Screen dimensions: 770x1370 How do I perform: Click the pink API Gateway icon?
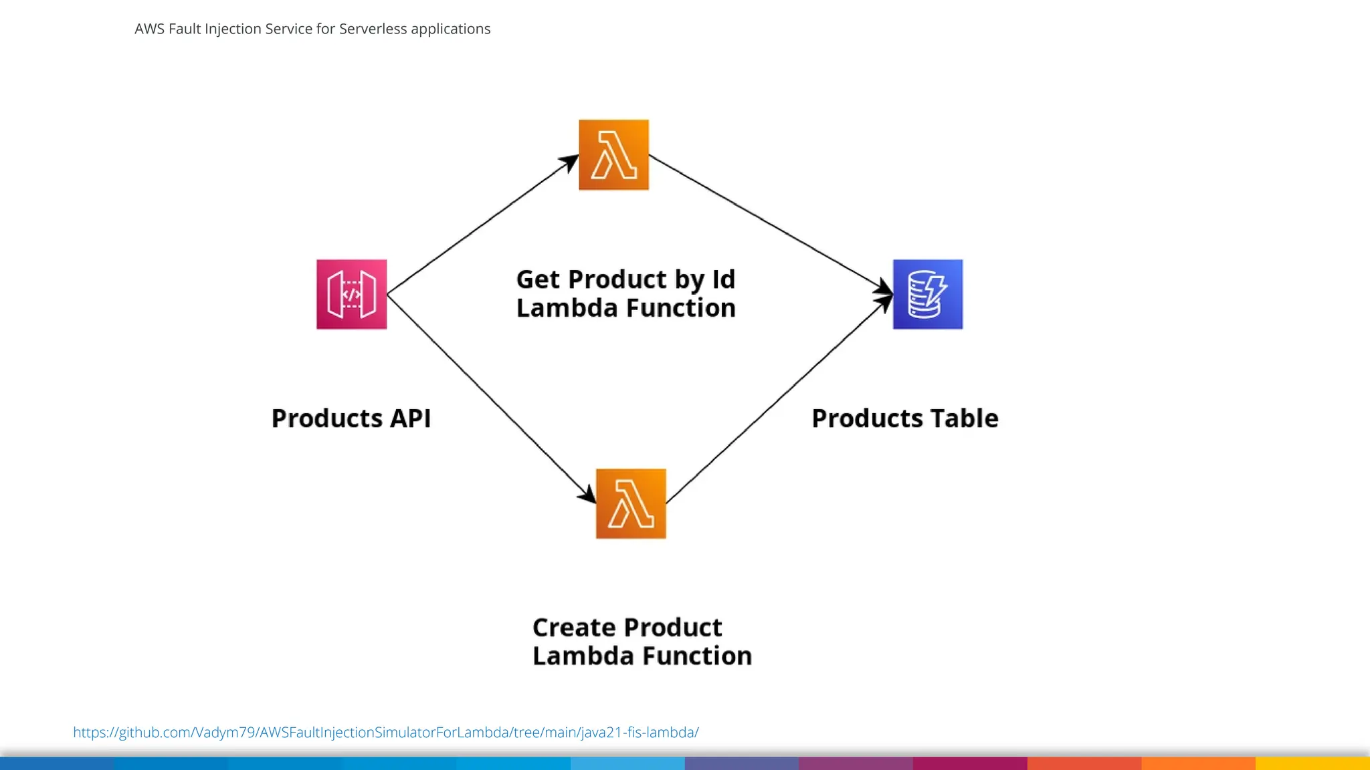click(351, 294)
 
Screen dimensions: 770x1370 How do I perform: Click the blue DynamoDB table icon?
click(928, 294)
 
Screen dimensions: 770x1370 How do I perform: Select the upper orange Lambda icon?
click(613, 155)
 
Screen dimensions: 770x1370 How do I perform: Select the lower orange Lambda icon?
click(631, 503)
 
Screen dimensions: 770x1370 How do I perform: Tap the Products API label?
click(351, 418)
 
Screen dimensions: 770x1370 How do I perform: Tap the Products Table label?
click(904, 418)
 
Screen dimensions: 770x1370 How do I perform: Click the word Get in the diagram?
click(538, 279)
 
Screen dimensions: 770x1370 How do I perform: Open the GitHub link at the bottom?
click(385, 732)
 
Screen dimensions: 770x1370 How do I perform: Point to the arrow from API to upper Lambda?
click(482, 225)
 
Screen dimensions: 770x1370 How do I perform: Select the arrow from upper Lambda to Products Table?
click(769, 223)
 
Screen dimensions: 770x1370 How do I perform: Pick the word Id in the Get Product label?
click(723, 279)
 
